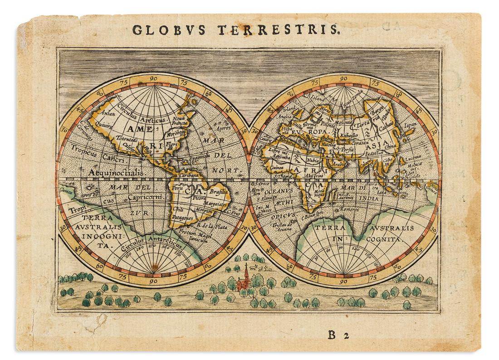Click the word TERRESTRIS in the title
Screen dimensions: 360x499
tap(278, 30)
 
